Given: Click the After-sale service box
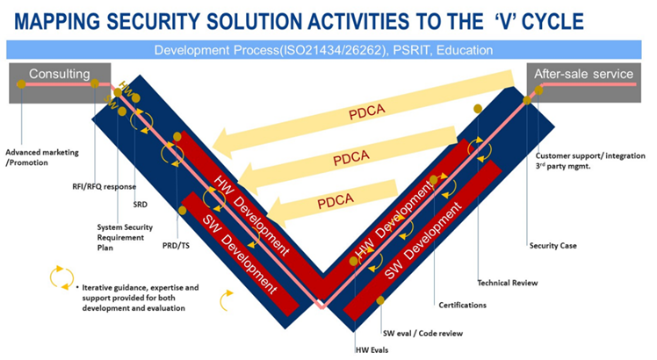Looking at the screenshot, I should point(583,76).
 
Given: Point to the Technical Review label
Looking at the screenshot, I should point(507,283).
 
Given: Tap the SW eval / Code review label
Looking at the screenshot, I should point(422,334).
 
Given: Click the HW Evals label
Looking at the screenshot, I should point(372,349).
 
